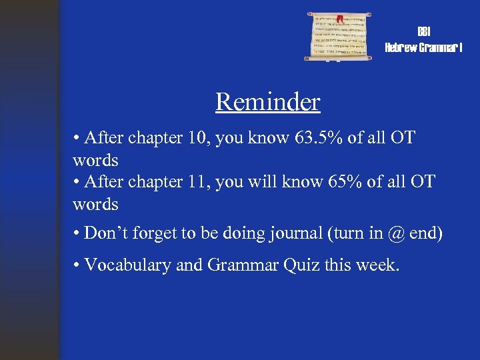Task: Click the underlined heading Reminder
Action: (267, 102)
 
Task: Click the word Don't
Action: (107, 234)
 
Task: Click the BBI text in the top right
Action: (423, 32)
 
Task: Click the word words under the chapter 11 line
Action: (95, 204)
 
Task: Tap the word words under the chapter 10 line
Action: (95, 160)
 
